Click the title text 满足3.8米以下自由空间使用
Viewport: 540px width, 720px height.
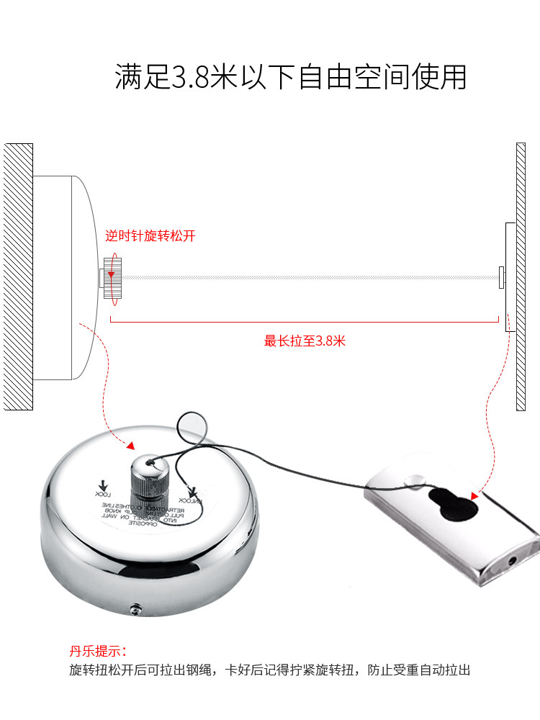coord(291,77)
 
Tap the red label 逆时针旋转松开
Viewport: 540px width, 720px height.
coord(150,235)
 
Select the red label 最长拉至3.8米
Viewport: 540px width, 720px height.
coord(305,341)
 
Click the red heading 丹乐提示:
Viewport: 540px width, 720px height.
coord(98,651)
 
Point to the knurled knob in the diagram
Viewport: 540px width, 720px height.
coord(113,277)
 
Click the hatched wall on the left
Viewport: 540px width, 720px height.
coord(18,276)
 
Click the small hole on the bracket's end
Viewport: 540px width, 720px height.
coord(513,559)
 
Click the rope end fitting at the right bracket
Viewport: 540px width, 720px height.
coord(500,276)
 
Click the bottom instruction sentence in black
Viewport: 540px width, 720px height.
coord(269,670)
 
